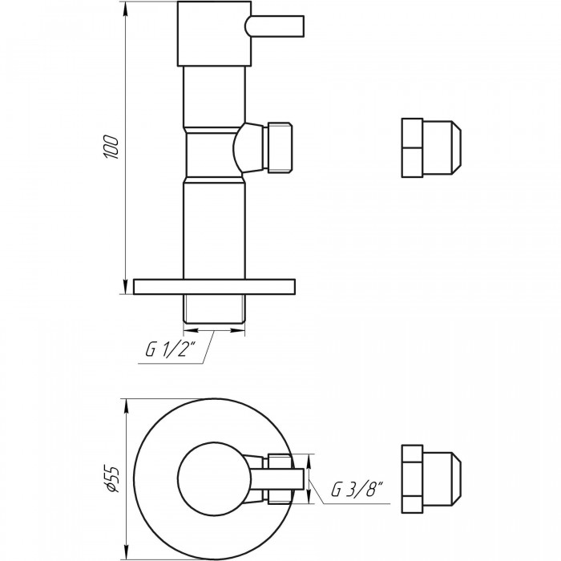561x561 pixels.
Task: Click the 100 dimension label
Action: pyautogui.click(x=111, y=147)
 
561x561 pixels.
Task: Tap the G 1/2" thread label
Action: pyautogui.click(x=171, y=349)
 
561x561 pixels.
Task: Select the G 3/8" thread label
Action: pyautogui.click(x=357, y=489)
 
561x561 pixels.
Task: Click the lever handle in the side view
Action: pyautogui.click(x=274, y=26)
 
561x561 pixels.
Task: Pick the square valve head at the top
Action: pyautogui.click(x=214, y=34)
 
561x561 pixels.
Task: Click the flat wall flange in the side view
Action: pyautogui.click(x=214, y=287)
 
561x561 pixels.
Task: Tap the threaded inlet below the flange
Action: pyautogui.click(x=214, y=309)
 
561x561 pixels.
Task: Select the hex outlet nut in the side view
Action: pyautogui.click(x=278, y=147)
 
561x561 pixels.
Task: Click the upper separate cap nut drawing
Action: pyautogui.click(x=431, y=147)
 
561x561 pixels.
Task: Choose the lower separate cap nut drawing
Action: pyautogui.click(x=431, y=478)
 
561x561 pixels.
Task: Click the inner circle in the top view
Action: pyautogui.click(x=215, y=478)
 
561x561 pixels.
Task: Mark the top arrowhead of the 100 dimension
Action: pyautogui.click(x=125, y=8)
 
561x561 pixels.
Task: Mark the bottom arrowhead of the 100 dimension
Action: pyautogui.click(x=125, y=287)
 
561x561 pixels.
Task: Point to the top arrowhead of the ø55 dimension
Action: pyautogui.click(x=125, y=405)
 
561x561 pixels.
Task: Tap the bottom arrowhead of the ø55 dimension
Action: pyautogui.click(x=125, y=553)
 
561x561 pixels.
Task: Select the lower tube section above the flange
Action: pyautogui.click(x=214, y=231)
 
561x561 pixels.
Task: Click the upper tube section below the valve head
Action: pyautogui.click(x=214, y=96)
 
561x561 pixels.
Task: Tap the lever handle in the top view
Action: pyautogui.click(x=275, y=478)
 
